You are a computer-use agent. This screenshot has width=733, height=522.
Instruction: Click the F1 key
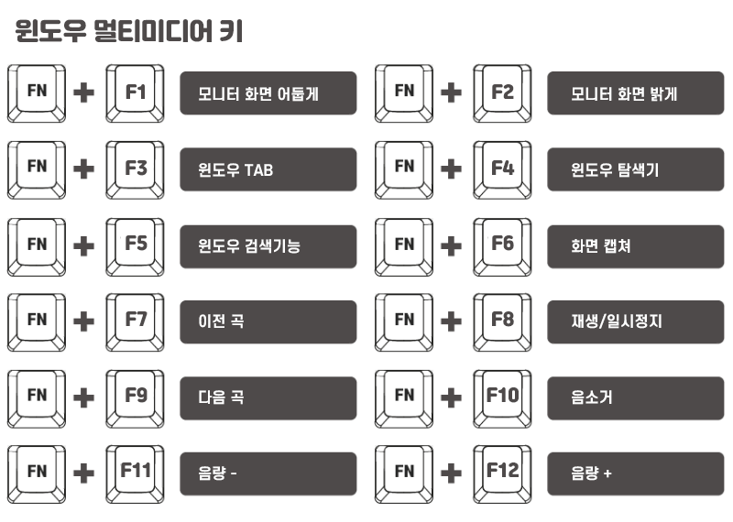point(136,92)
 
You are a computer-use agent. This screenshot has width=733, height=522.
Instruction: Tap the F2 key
point(502,92)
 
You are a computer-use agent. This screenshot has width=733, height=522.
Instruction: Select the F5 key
point(136,245)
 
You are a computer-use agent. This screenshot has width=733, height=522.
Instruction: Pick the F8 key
point(502,321)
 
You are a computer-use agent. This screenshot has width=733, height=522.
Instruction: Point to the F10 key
point(502,397)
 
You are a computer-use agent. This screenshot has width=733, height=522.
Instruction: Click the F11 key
point(136,472)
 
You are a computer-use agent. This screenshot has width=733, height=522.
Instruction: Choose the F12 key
point(502,472)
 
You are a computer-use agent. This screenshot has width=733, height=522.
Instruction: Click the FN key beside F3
point(37,169)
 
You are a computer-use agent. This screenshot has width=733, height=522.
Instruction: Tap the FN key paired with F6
point(404,245)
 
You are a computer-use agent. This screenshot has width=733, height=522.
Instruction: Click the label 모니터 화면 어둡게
point(268,93)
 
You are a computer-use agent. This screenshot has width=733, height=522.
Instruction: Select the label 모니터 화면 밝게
point(635,93)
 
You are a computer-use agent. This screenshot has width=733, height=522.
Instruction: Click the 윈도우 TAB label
point(268,169)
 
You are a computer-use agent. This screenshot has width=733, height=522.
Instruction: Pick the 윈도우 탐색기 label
point(635,169)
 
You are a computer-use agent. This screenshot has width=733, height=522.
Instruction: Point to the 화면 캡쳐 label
point(635,245)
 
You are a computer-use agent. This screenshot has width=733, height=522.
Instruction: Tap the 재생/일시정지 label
point(635,321)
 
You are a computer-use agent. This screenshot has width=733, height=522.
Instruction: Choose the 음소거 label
point(635,397)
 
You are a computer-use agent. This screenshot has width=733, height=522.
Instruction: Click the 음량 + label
point(635,473)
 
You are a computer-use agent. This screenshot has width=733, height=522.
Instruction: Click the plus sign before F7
point(84,321)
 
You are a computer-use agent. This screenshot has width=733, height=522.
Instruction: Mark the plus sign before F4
point(451,169)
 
